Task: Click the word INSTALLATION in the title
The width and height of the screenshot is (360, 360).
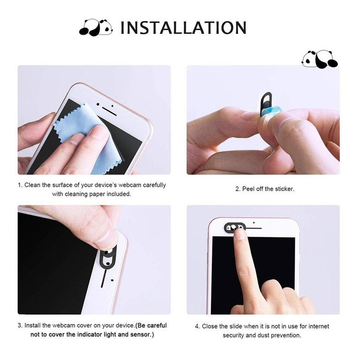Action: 183,28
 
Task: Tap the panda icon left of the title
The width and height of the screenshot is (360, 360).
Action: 95,28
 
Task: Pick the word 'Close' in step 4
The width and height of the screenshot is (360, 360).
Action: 210,327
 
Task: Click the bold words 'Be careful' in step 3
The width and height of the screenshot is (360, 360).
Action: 151,325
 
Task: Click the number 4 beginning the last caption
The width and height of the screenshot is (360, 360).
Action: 197,327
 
